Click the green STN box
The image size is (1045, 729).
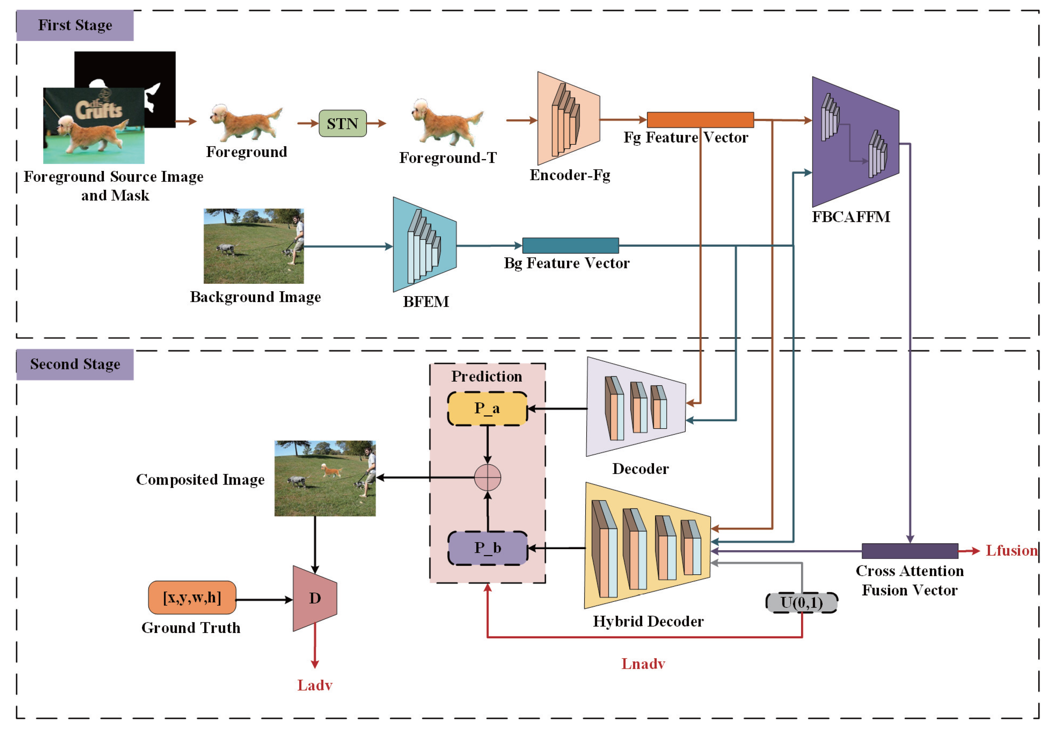[342, 124]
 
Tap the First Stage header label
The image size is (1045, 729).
[75, 26]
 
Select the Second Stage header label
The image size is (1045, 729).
[75, 364]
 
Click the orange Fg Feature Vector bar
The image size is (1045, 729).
[700, 120]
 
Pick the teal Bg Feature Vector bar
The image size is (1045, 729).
[570, 245]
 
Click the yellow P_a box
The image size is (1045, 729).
[487, 408]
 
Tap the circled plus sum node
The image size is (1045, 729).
[488, 477]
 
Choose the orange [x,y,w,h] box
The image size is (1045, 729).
[192, 598]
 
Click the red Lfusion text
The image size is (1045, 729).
[1011, 550]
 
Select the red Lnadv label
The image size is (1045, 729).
[643, 664]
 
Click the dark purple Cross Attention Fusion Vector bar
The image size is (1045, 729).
[909, 551]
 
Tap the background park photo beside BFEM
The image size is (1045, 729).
[254, 246]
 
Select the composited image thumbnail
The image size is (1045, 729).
[325, 478]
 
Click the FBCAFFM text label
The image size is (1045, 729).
[851, 217]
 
